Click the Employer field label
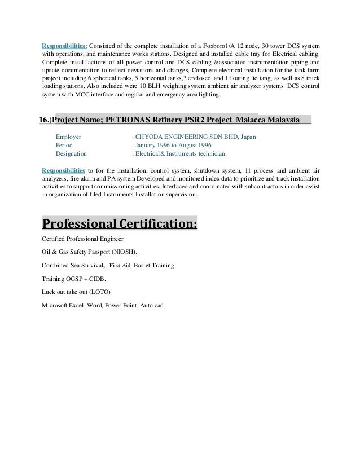click(68, 137)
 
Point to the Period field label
click(64, 144)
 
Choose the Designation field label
click(71, 152)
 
